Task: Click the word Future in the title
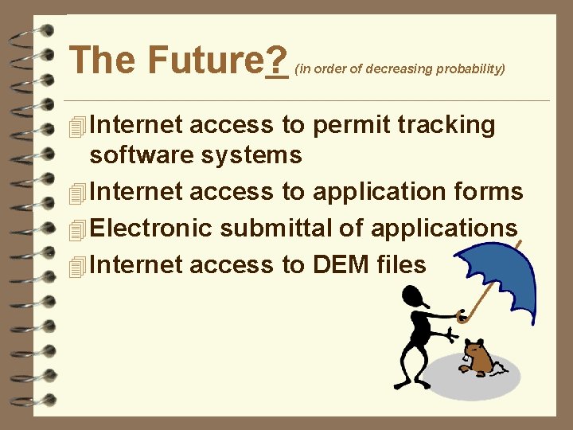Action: coord(205,60)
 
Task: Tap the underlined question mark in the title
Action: coord(277,60)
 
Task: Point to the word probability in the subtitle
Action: coord(469,68)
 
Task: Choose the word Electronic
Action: coord(151,229)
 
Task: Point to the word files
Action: coord(403,264)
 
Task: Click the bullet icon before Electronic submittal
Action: coord(76,230)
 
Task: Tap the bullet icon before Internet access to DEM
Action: coord(76,266)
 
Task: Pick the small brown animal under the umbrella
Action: coord(477,358)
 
